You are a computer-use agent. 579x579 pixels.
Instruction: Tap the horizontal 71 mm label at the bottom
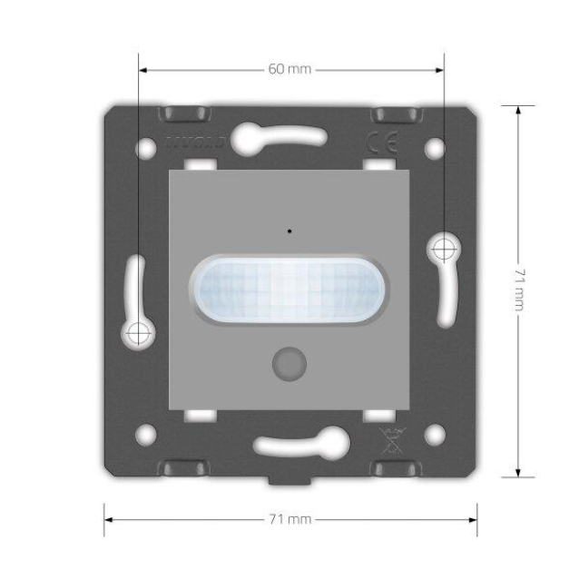pos(290,520)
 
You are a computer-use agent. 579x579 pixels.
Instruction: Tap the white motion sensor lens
pos(289,290)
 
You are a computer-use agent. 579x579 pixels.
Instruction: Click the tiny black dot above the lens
pos(289,230)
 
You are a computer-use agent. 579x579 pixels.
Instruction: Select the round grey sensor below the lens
pos(289,362)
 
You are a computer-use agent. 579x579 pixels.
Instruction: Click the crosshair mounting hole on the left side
pos(138,332)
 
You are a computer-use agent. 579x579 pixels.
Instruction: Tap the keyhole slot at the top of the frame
pos(280,136)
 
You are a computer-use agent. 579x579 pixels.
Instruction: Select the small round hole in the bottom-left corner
pos(145,434)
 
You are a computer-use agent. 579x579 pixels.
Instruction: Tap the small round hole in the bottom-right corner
pos(434,434)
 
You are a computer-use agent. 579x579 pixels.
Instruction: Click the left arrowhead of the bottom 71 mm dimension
pos(108,520)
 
